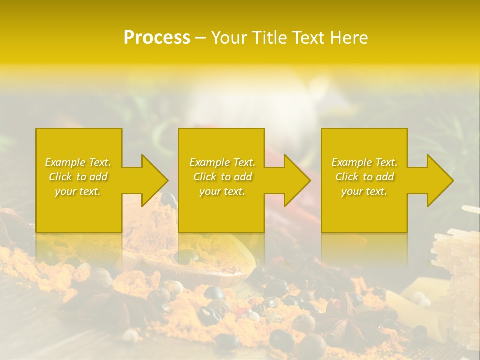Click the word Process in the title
(157, 38)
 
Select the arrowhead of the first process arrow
(152, 180)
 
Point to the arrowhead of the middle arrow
(295, 180)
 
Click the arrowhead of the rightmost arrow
(438, 180)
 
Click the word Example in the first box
(65, 162)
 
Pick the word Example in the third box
(351, 162)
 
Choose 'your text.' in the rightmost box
(364, 191)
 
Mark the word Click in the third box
(347, 177)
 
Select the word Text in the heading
(307, 38)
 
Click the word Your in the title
(230, 38)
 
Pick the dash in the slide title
(200, 38)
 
